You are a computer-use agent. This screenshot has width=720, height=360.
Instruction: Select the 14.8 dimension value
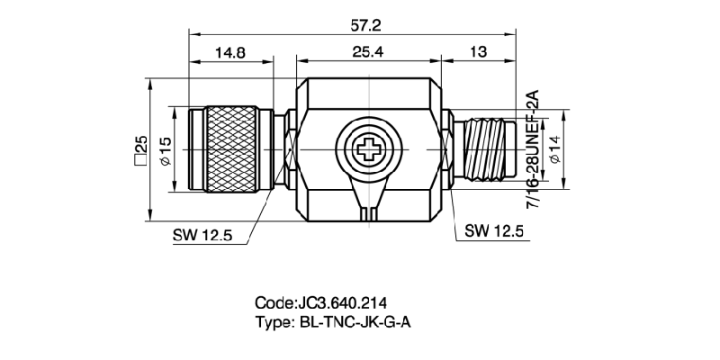[230, 52]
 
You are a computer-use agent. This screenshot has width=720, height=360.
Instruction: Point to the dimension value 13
[478, 52]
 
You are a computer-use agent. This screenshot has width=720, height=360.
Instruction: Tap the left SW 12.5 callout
[202, 235]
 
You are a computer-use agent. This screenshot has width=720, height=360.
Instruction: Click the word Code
[274, 301]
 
